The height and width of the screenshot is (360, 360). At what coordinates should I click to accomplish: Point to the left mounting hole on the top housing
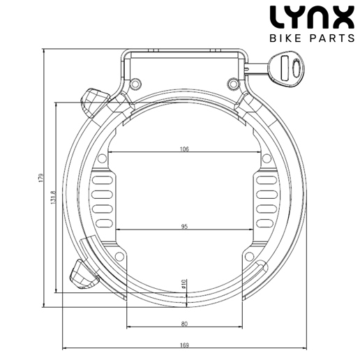[x=135, y=84]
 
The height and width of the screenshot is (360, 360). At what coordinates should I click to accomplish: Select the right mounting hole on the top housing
[x=233, y=84]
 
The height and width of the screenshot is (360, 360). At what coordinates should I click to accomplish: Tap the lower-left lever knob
[x=82, y=274]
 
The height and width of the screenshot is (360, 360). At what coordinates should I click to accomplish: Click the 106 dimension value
[x=184, y=149]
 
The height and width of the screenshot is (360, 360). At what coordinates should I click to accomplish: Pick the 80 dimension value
[x=184, y=324]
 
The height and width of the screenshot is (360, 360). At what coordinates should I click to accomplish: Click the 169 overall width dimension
[x=184, y=343]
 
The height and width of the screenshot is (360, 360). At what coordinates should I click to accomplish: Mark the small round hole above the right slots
[x=265, y=159]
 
